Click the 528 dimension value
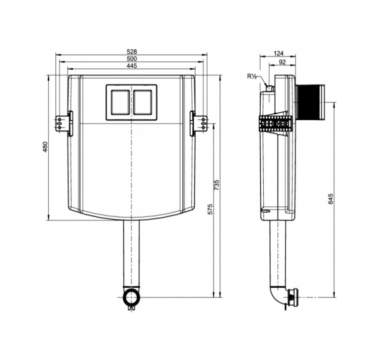click(132, 51)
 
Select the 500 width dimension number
click(132, 58)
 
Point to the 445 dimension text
click(132, 65)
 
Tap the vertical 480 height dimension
click(45, 147)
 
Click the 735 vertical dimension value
click(217, 185)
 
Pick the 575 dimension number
click(210, 209)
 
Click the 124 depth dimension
click(279, 53)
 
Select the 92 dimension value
click(282, 62)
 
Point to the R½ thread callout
click(252, 77)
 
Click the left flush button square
click(120, 102)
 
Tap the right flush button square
click(143, 102)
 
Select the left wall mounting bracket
click(64, 123)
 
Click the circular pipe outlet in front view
click(131, 297)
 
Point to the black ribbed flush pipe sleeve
click(310, 102)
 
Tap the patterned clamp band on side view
click(275, 123)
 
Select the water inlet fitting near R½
click(269, 88)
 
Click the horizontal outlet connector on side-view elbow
click(293, 297)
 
